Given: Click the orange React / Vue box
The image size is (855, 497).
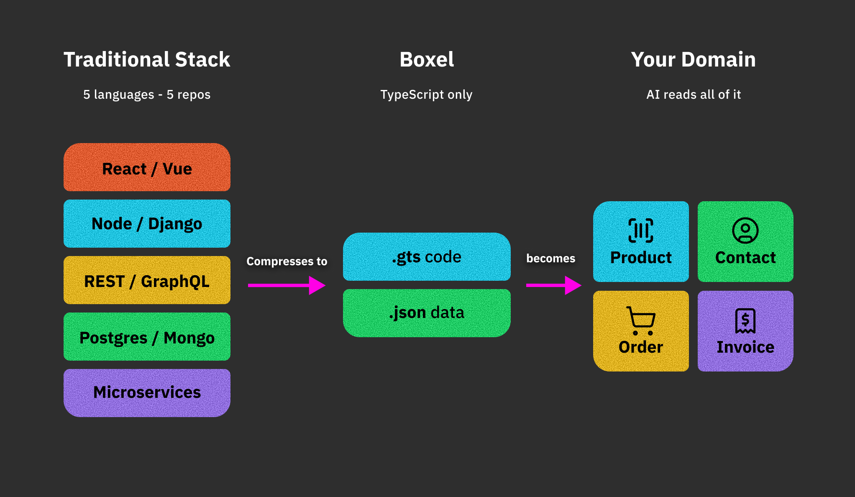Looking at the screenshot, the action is click(147, 167).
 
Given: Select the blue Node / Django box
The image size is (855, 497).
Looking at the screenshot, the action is click(147, 223).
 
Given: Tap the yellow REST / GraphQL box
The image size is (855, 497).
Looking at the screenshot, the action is click(147, 280).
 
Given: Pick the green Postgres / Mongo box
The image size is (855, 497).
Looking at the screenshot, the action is click(147, 336).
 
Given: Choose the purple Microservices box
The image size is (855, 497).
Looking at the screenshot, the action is click(147, 393).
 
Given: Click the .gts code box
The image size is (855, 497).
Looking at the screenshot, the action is click(427, 256).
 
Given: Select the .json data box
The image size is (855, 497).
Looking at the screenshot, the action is click(427, 313).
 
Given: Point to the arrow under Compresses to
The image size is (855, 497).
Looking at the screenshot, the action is click(287, 285).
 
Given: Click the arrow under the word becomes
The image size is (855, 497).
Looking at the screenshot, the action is click(554, 285).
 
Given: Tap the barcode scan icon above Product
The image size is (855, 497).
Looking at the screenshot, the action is click(641, 231).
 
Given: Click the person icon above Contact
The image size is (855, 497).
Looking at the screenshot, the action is click(745, 231).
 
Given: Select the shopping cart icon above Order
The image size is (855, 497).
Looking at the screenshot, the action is click(641, 321).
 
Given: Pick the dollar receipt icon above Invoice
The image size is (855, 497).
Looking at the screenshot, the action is click(745, 321).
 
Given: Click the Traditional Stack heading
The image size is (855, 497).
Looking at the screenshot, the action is click(147, 59).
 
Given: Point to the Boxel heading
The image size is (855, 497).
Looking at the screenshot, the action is click(427, 59).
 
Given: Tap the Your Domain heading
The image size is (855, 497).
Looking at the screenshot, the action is click(694, 59).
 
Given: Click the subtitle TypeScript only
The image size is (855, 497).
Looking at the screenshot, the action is click(426, 95).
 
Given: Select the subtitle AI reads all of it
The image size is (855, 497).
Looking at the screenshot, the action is click(694, 95).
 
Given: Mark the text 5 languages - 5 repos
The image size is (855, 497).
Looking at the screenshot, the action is click(147, 95).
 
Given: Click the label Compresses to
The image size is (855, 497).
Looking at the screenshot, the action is click(287, 261).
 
